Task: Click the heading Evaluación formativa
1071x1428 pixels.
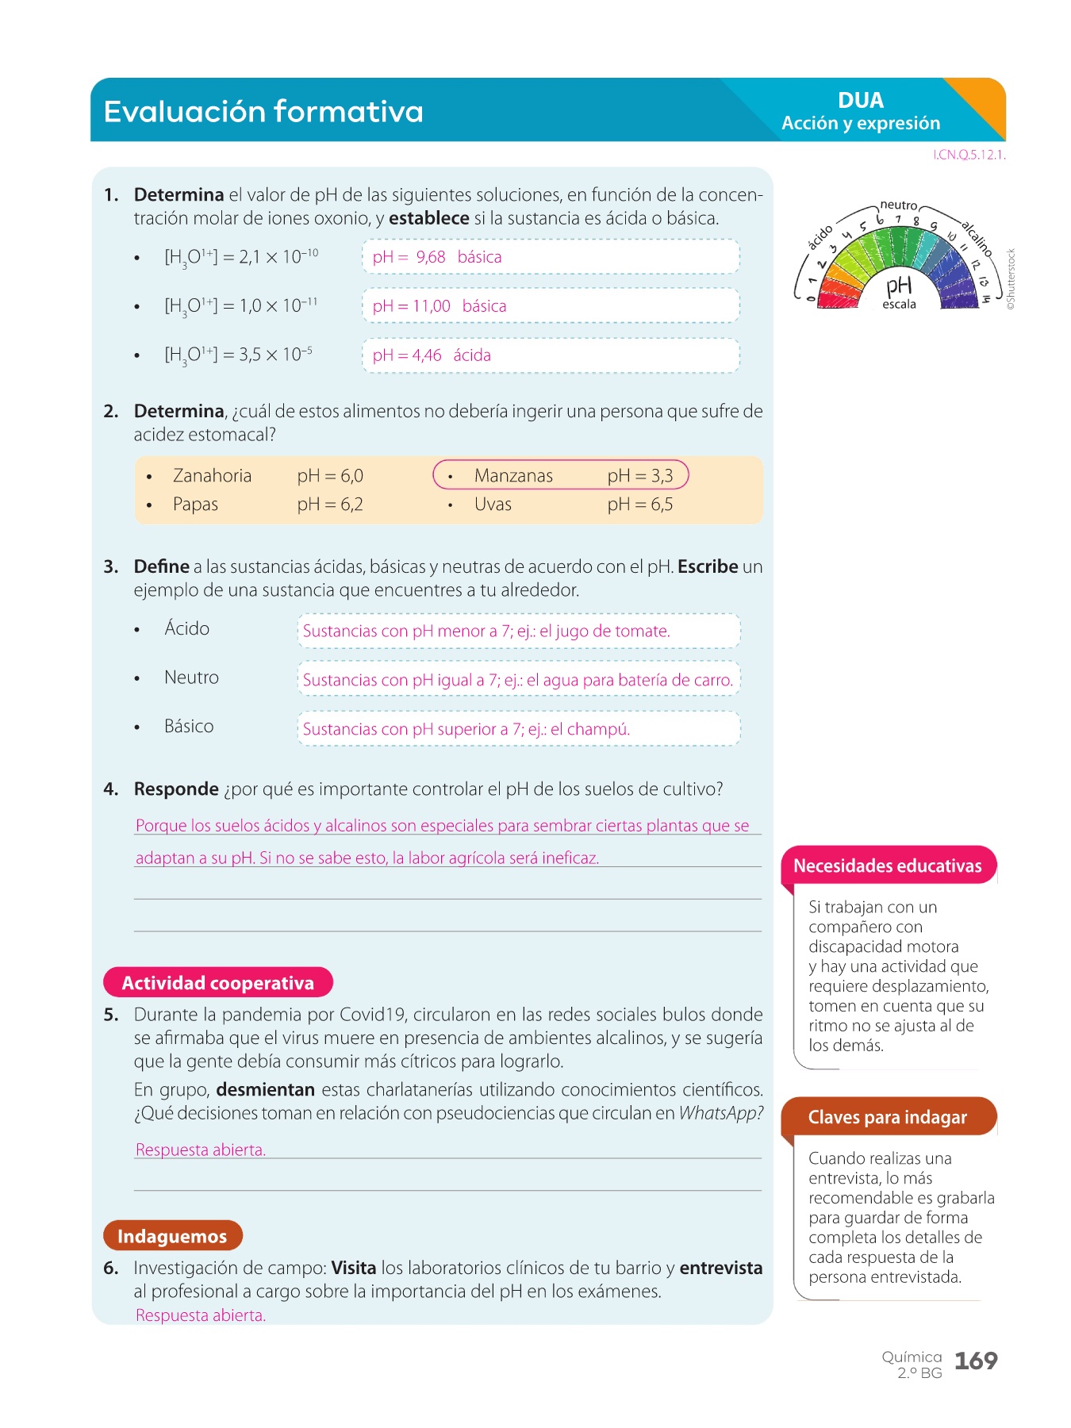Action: (263, 111)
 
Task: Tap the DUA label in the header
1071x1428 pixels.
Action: (860, 101)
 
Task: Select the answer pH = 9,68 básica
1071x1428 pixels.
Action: (437, 257)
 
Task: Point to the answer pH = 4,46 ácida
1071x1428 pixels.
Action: (432, 355)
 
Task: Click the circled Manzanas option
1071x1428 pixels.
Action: (560, 475)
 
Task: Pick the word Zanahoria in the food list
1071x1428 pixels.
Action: (212, 475)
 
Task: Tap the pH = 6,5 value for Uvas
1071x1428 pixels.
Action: (639, 505)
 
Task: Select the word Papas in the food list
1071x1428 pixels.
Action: (195, 505)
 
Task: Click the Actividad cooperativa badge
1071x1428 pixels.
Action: (218, 983)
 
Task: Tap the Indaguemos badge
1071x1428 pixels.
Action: (172, 1236)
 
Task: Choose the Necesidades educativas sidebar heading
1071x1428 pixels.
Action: (888, 866)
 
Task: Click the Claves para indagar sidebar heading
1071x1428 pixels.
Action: (888, 1117)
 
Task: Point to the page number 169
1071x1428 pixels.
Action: (976, 1361)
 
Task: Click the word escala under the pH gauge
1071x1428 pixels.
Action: (899, 305)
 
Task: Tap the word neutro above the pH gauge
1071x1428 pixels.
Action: (899, 205)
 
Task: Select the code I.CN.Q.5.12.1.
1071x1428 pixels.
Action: (969, 155)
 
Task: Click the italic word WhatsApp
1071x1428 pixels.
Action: (720, 1113)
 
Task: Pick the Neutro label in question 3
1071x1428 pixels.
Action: (191, 678)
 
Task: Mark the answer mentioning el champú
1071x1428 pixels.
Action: (466, 729)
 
